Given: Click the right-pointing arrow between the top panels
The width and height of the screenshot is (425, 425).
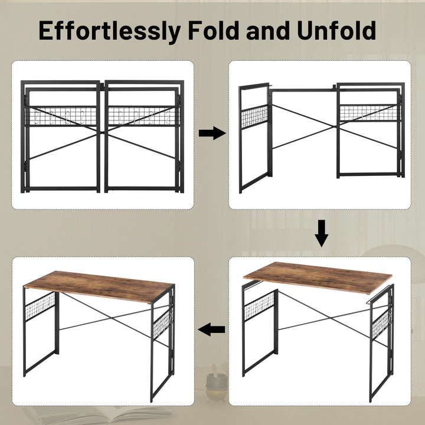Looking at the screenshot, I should pyautogui.click(x=212, y=133).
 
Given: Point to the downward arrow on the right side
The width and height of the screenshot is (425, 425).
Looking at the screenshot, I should pyautogui.click(x=321, y=233).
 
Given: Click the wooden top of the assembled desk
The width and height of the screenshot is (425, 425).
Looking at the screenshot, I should pyautogui.click(x=99, y=285).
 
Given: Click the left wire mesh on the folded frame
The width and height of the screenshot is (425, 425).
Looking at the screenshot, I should pyautogui.click(x=62, y=116).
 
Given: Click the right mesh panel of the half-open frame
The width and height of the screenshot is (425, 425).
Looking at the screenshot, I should pyautogui.click(x=368, y=113).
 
